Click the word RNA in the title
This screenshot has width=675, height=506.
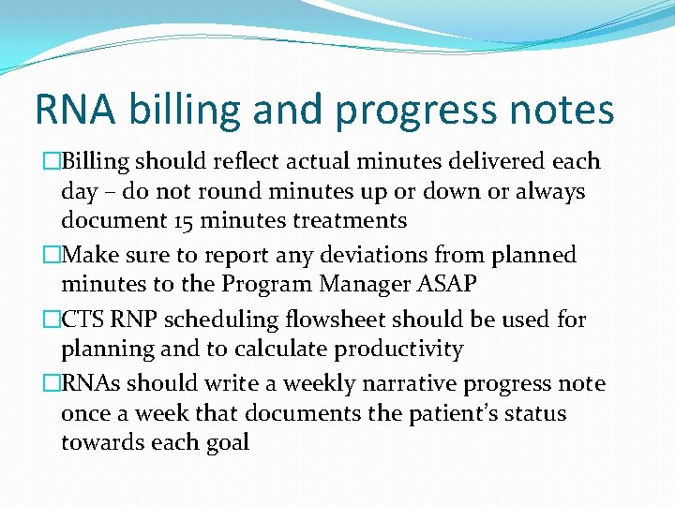(74, 110)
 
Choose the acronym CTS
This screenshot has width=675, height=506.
(83, 320)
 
